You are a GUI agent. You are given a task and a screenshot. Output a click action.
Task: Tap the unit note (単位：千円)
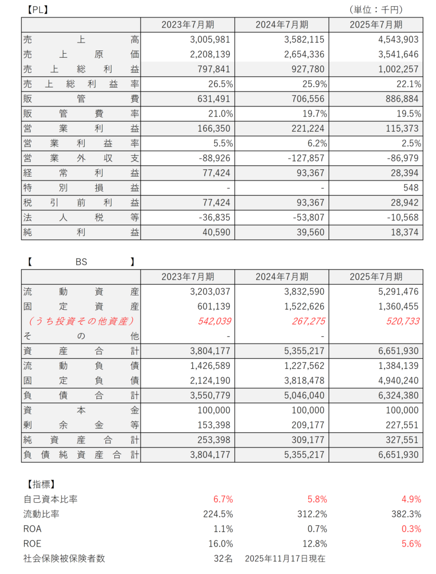point(375,10)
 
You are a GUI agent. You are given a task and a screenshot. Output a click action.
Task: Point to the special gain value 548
point(410,188)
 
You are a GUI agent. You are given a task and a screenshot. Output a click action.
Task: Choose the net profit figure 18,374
point(401,232)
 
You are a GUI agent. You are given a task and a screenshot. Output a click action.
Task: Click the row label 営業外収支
point(81,158)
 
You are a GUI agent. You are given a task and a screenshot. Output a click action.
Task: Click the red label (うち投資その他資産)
point(81,321)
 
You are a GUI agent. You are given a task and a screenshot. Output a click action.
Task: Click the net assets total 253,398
point(212,439)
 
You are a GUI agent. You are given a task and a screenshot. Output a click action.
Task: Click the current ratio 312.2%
point(312,513)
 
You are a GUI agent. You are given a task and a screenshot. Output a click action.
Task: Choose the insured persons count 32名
point(222,558)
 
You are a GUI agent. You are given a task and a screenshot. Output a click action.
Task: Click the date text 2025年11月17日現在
point(285,558)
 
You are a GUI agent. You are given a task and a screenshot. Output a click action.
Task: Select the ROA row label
point(33,529)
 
